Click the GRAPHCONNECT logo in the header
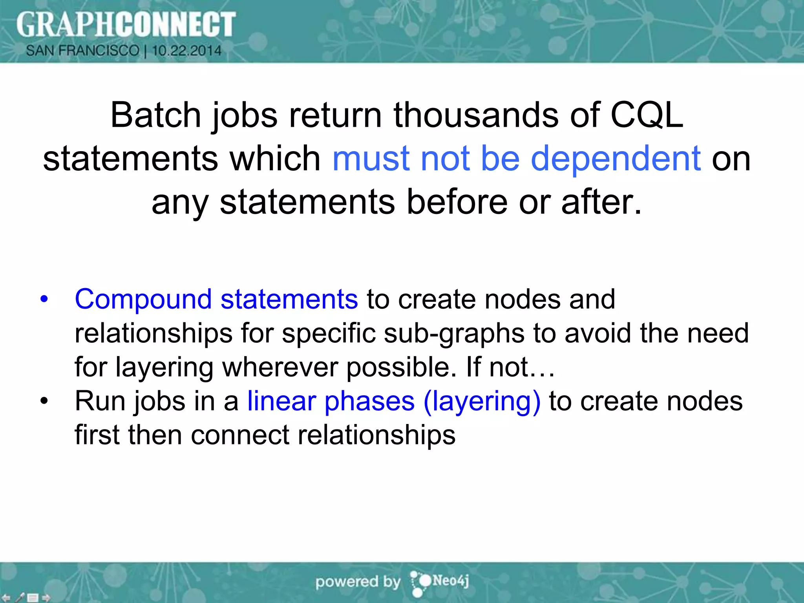(x=126, y=24)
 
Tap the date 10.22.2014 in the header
(x=187, y=51)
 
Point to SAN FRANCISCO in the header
(x=82, y=51)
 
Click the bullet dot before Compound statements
(x=44, y=299)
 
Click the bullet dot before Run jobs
(x=44, y=401)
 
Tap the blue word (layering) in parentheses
(x=482, y=402)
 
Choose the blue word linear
(x=281, y=401)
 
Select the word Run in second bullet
(x=100, y=401)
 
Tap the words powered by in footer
(x=358, y=582)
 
